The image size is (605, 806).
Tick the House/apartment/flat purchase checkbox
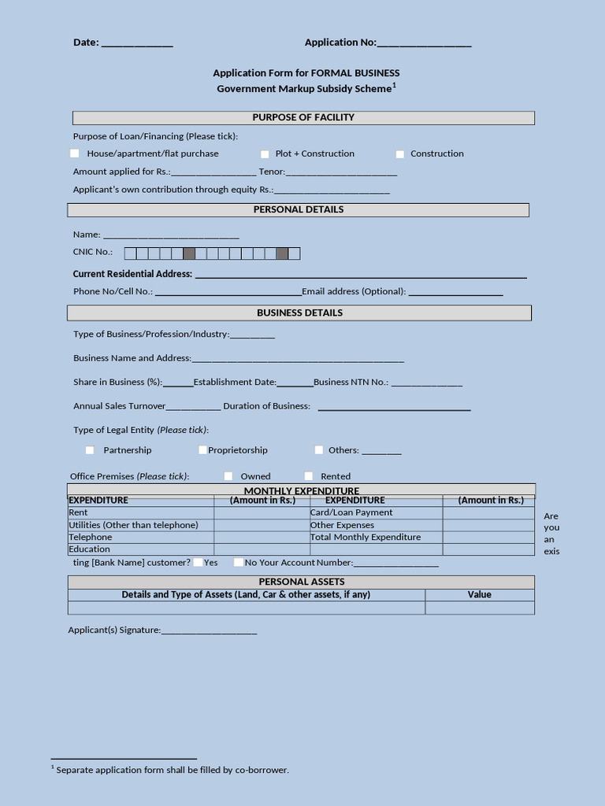[x=75, y=153]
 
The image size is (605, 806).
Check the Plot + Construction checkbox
[x=265, y=154]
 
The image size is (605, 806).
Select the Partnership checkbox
[x=90, y=450]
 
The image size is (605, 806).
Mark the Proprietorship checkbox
[x=202, y=450]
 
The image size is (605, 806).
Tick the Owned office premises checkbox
[x=228, y=476]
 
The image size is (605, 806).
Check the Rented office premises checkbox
[x=309, y=476]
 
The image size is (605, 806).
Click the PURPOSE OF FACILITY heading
[x=303, y=117]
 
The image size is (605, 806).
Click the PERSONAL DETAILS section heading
[x=298, y=209]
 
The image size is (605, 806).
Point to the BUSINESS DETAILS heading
[x=299, y=312]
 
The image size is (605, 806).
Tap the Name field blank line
[x=171, y=235]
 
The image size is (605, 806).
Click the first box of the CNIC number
[x=131, y=253]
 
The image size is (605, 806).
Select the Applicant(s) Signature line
[x=209, y=631]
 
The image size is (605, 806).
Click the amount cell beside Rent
[x=262, y=512]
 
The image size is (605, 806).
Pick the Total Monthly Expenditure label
[x=366, y=537]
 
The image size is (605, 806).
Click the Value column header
[x=479, y=594]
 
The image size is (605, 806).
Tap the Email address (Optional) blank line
[x=455, y=293]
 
